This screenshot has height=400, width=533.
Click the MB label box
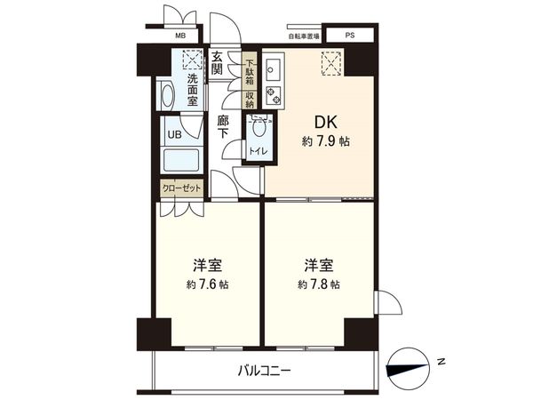click(x=180, y=36)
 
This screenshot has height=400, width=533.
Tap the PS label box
click(x=349, y=36)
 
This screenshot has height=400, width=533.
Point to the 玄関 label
click(x=218, y=64)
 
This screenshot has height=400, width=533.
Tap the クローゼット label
click(x=182, y=188)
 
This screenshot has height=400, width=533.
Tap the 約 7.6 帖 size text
click(x=207, y=284)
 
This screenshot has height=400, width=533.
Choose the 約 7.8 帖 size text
click(x=318, y=284)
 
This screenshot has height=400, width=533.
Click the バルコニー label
click(x=264, y=370)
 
